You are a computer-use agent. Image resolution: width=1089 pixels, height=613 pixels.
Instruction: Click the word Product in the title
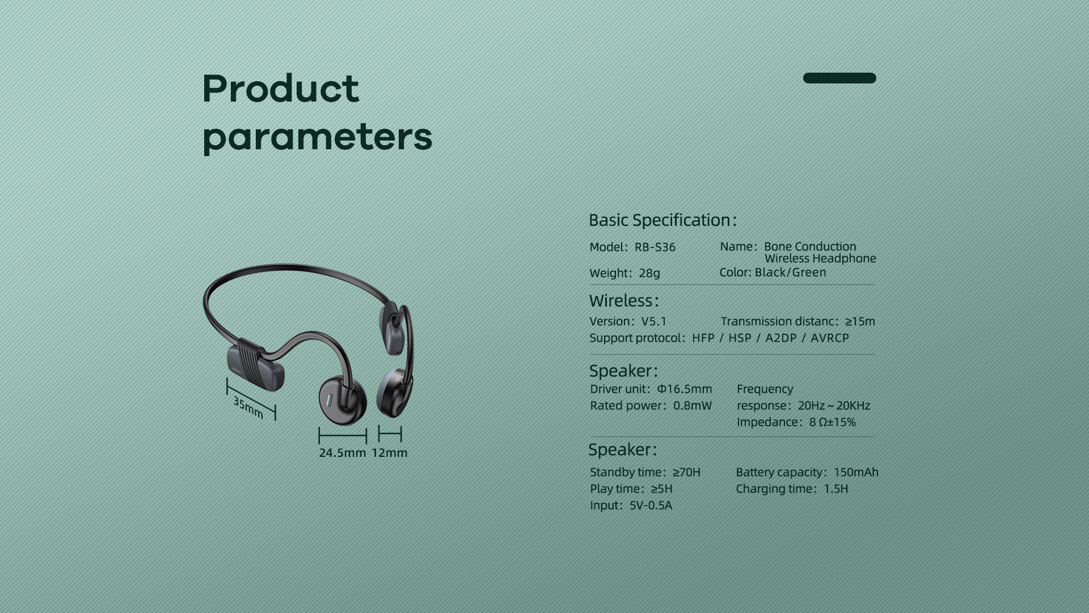[x=281, y=89]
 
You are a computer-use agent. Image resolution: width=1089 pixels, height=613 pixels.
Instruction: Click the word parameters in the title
[x=317, y=137]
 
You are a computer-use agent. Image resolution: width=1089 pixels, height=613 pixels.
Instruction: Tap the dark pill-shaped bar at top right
[x=839, y=78]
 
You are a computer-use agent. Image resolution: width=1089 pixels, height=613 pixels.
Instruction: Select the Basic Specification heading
[x=662, y=220]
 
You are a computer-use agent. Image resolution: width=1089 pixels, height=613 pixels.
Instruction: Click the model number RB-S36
[x=655, y=247]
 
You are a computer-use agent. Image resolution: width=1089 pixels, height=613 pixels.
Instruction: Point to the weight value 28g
[x=649, y=273]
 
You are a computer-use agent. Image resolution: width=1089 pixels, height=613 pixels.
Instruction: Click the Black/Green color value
[x=790, y=272]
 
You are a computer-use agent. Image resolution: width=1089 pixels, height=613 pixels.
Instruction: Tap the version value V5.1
[x=654, y=321]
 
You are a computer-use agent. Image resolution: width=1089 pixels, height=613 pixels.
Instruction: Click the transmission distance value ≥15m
[x=860, y=321]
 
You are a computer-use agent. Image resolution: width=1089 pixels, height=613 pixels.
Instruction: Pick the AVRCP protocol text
[x=830, y=338]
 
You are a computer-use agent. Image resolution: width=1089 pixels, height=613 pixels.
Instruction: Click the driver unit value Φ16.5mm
[x=684, y=389]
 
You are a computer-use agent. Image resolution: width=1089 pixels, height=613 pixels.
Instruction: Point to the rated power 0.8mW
[x=692, y=405]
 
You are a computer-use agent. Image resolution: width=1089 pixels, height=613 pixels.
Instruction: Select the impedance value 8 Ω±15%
[x=832, y=422]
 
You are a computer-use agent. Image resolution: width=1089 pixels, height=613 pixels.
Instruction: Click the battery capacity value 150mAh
[x=856, y=472]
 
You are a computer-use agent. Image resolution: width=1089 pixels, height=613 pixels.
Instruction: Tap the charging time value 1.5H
[x=836, y=489]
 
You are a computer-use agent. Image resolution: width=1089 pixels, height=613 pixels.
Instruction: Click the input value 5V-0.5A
[x=651, y=505]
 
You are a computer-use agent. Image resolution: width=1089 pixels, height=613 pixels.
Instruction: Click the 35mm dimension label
[x=248, y=408]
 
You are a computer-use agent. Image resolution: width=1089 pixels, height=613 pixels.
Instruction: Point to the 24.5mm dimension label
[x=343, y=453]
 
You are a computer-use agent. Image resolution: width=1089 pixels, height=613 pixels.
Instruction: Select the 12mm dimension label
[x=390, y=453]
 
